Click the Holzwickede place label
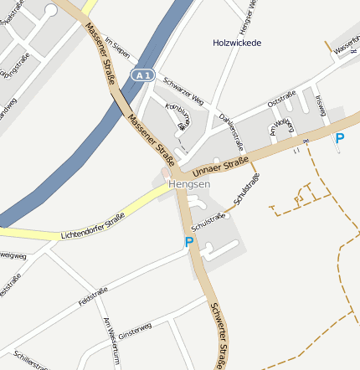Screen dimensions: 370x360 [237, 42]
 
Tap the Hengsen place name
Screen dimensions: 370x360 [189, 183]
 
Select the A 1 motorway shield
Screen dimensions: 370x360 [142, 75]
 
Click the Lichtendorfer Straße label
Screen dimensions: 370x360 [93, 227]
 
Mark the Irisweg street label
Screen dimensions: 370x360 [321, 107]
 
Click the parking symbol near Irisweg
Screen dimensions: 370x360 [339, 139]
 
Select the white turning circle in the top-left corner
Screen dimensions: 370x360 [51, 10]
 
